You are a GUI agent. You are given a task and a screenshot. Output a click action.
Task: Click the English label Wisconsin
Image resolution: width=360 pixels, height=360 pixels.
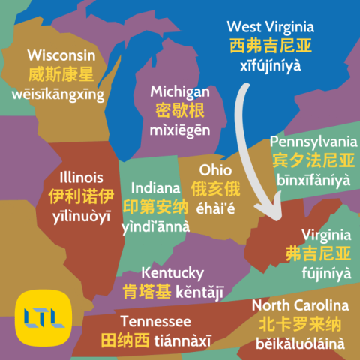[61, 55]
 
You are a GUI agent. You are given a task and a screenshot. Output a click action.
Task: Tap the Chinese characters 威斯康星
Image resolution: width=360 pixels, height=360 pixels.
[61, 75]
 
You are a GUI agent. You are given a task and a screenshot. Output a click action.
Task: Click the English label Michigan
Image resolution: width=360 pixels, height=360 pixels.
[180, 91]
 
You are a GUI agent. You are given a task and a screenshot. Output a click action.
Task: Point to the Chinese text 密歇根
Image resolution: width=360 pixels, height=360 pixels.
[180, 111]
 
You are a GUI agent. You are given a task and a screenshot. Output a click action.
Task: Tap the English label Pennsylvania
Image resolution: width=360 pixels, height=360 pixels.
[313, 141]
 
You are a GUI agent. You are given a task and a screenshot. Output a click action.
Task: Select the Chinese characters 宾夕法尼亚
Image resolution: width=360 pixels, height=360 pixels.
[313, 160]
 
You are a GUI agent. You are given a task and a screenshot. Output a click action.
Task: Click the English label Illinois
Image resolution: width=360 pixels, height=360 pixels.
[81, 178]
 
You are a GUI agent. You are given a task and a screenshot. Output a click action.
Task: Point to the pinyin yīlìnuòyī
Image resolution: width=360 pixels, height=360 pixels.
[81, 216]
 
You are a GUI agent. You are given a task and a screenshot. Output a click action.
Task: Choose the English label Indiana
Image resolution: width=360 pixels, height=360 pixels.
[156, 187]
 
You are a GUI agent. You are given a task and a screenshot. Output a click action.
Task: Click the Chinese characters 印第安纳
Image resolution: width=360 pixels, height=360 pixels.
[156, 206]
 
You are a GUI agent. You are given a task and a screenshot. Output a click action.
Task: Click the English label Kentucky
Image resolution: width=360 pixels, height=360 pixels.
[172, 271]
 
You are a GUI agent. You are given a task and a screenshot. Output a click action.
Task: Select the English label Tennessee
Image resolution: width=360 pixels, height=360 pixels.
[132, 321]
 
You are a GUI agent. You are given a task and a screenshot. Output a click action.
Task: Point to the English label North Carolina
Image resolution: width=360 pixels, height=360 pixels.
[300, 305]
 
